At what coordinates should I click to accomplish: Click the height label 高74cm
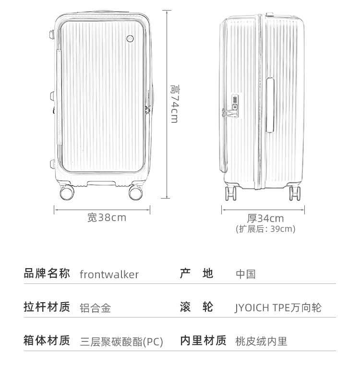point(174,104)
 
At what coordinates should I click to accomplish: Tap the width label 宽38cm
point(107,217)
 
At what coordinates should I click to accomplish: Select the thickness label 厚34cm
point(265,218)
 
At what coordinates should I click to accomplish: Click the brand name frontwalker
point(109,274)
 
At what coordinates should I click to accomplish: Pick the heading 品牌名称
point(47,274)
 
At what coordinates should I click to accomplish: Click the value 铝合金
point(95,308)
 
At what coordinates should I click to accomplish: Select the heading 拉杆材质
point(47,307)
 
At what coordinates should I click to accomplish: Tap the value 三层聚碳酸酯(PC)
point(121,341)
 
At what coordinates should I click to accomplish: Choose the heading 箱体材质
point(47,341)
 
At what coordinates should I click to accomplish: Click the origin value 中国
point(245,274)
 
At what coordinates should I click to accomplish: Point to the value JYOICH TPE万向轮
point(278,308)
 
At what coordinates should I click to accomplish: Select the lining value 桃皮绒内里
point(261,341)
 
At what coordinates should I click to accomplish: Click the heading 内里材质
point(203,341)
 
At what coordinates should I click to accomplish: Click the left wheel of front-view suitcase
point(68,193)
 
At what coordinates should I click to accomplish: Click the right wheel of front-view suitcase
point(136,193)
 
